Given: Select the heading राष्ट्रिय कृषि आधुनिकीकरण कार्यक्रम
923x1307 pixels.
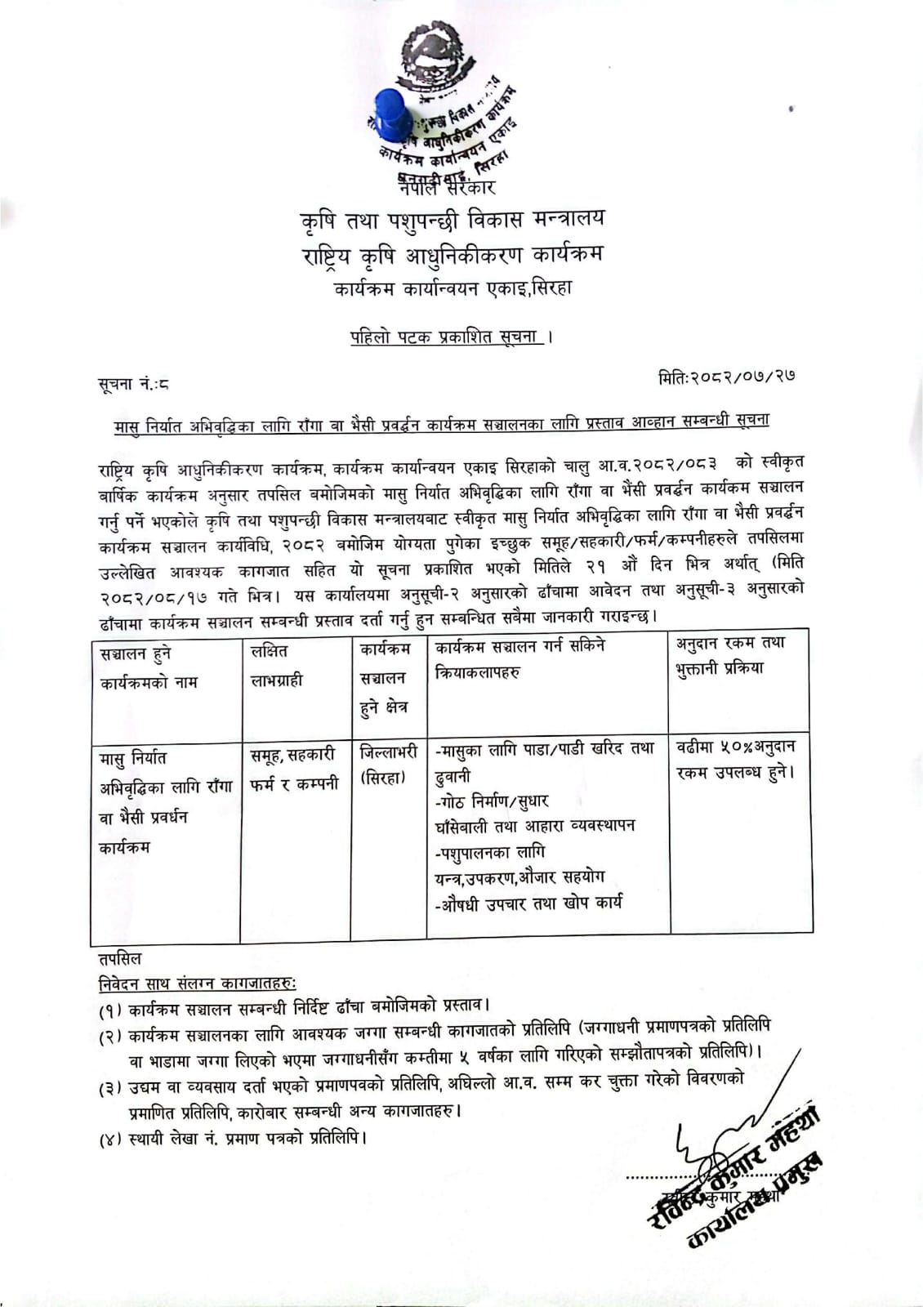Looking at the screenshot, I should pos(452,256).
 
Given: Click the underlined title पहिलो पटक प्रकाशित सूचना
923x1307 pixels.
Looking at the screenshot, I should pos(447,337).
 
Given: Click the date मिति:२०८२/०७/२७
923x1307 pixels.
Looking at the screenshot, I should pos(726,377).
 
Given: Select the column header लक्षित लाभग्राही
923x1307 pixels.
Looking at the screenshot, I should pos(276,666).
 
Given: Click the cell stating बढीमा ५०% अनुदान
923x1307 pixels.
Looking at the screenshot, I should pos(736,759).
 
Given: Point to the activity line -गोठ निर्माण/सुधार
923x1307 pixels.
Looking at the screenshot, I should pos(493,801).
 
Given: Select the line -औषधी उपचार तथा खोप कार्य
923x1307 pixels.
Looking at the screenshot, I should pos(529,903).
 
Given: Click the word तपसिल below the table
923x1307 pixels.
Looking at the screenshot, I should pos(120,958).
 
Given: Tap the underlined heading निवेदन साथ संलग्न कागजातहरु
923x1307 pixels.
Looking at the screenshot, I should pos(198,983).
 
